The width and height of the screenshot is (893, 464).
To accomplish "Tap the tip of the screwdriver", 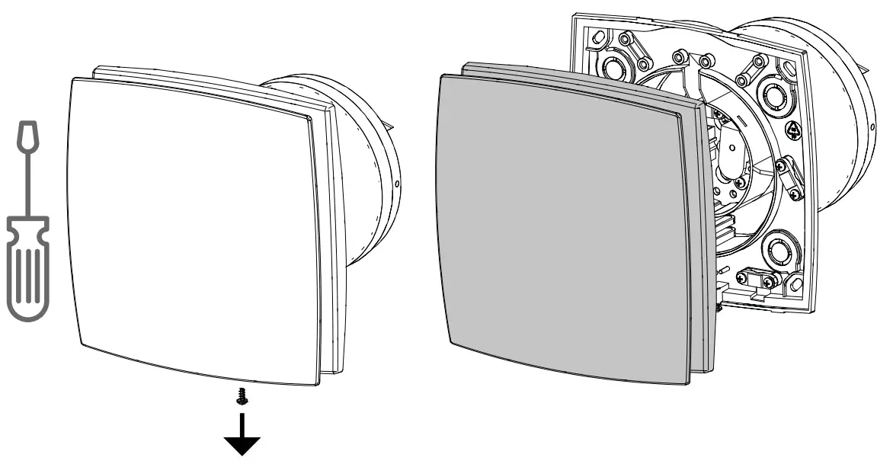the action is point(27,134).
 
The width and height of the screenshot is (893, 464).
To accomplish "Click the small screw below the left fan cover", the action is point(242,396).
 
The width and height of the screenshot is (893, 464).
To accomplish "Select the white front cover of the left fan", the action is point(190,229).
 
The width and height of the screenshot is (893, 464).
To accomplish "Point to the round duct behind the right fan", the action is point(846,152).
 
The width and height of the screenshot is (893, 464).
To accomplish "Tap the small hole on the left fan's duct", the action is point(398,184).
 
